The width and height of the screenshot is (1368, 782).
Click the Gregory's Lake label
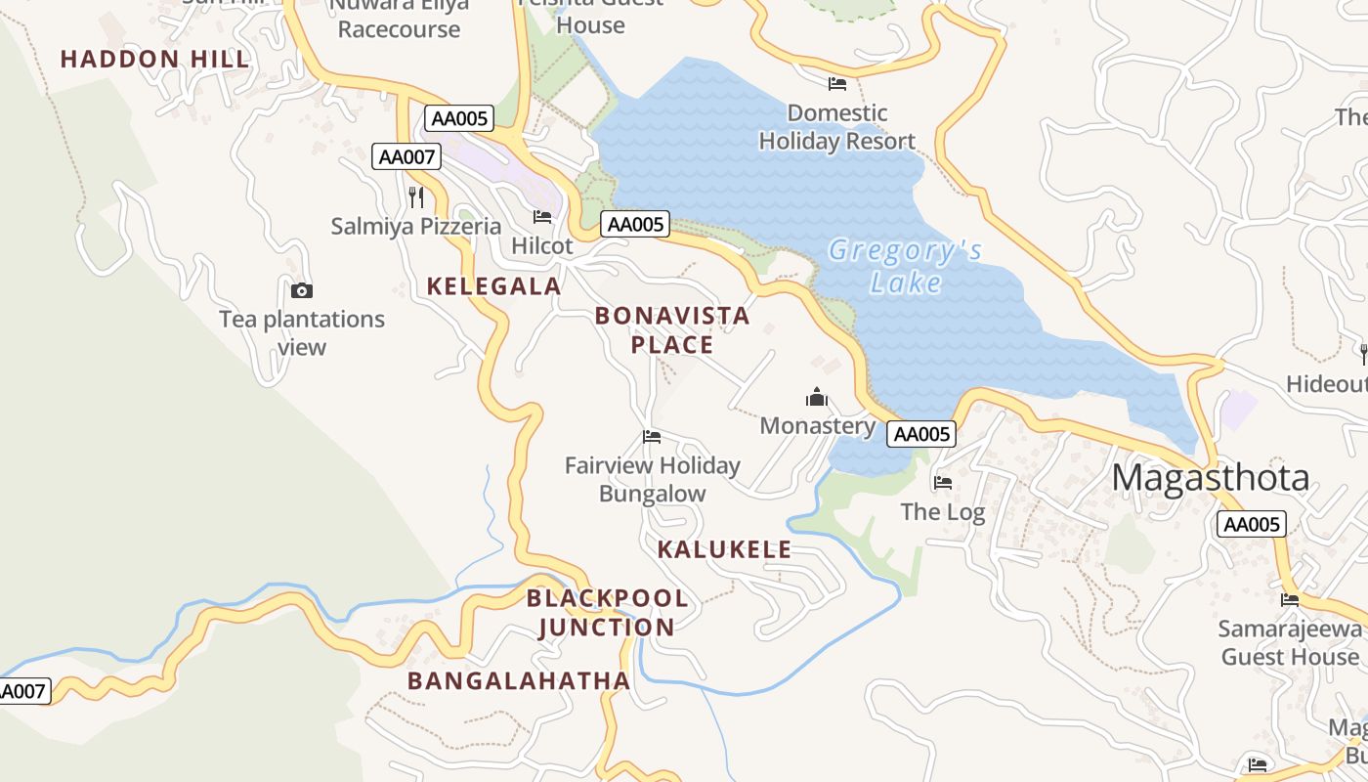coord(905,267)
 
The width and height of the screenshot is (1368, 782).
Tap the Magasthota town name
coord(1211,478)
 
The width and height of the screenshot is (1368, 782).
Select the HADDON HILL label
coord(155,60)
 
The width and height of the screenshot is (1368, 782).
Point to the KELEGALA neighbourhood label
coord(493,286)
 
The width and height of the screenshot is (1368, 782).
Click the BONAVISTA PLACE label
coord(672,330)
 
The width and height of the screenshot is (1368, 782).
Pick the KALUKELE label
coord(724,549)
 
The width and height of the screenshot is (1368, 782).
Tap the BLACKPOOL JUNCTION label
coord(607,613)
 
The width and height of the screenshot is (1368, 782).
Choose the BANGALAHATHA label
coord(519,681)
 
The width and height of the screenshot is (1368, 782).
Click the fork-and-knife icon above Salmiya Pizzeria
coord(416,197)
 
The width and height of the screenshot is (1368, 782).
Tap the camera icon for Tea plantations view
coord(302,290)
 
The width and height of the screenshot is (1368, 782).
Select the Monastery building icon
coord(817,397)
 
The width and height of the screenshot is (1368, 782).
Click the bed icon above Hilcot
coord(542,217)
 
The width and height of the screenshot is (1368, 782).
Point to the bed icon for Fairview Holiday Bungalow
coord(652,437)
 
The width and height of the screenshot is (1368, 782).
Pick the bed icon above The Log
coord(942,483)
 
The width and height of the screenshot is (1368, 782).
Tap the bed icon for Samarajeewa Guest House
coord(1290,600)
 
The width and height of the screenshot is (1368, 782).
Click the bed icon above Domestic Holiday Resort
coord(836,84)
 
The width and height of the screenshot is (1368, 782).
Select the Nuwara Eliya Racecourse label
coord(399,18)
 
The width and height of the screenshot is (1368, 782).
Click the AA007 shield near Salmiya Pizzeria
coord(406,156)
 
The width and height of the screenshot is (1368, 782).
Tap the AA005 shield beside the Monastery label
coord(920,434)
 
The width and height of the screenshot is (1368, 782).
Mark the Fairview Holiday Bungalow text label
coord(652,479)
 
